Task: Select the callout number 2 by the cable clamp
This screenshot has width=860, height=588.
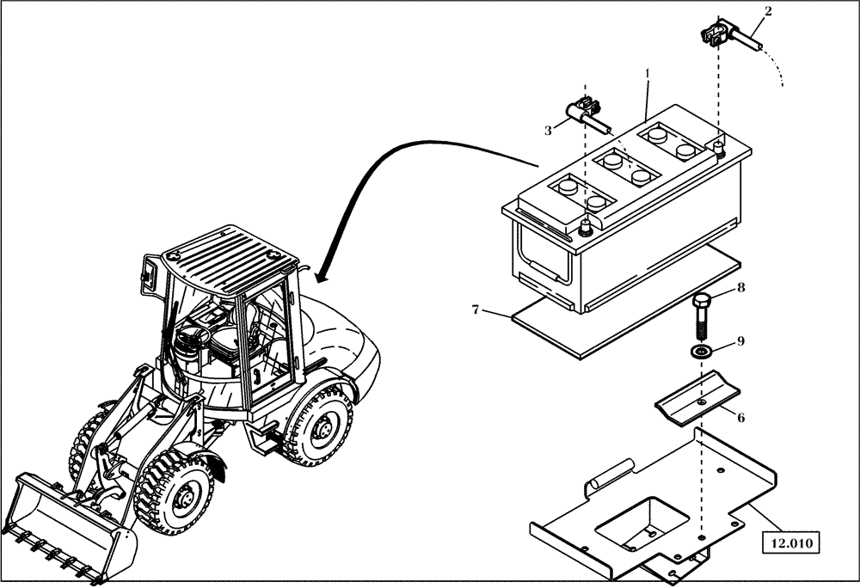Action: [768, 11]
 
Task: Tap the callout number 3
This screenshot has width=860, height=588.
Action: [548, 131]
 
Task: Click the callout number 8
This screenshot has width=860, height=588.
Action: [740, 288]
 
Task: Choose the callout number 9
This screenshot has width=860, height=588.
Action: [740, 341]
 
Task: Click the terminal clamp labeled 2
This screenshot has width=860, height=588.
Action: [716, 37]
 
